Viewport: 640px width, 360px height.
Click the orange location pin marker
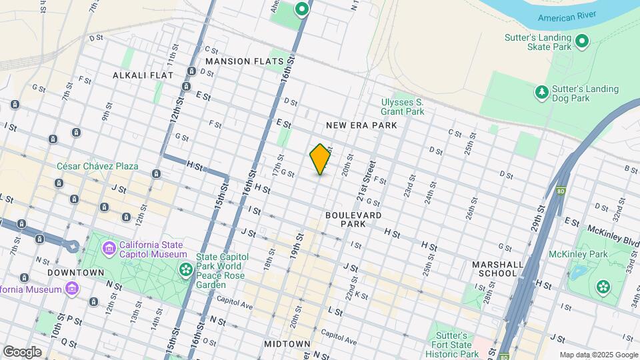coord(320,159)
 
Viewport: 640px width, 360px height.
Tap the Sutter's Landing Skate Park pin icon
coord(582,43)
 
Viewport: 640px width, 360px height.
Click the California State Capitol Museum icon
coord(109,249)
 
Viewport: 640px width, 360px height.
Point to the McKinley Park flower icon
coord(603,287)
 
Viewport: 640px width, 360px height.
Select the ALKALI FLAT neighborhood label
coord(143,75)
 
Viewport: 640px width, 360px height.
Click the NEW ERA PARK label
coord(361,125)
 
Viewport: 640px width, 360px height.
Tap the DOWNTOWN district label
coord(76,273)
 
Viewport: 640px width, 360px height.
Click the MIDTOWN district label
coord(287,344)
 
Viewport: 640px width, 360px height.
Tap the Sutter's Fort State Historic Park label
coord(457,345)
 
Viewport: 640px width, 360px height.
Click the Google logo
coord(21,351)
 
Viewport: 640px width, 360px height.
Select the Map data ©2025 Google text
coord(599,355)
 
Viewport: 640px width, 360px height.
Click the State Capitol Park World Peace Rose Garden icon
coord(185,269)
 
